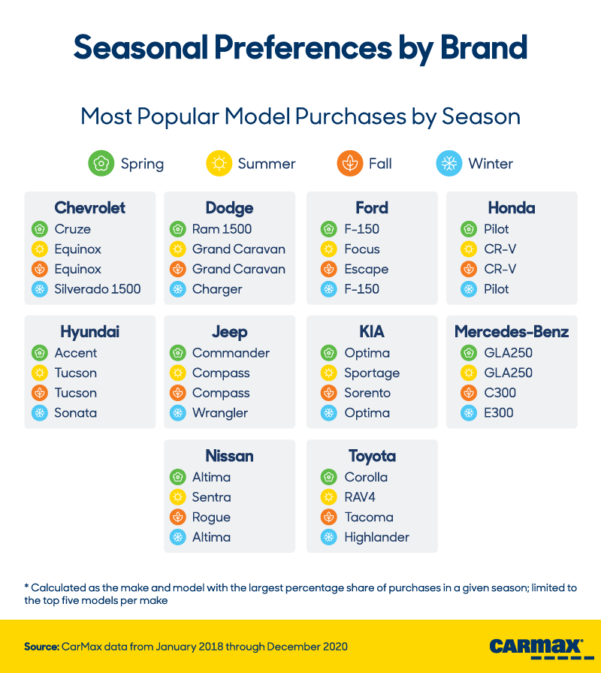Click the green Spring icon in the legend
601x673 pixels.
101,163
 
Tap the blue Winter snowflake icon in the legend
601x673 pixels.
449,163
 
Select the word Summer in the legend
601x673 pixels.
267,164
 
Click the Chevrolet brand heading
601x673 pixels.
90,208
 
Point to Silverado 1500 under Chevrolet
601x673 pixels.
97,289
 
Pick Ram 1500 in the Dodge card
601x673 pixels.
222,229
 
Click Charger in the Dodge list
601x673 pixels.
217,289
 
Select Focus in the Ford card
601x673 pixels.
362,249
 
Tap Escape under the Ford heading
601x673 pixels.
367,269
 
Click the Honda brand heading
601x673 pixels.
512,208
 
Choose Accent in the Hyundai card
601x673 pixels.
76,353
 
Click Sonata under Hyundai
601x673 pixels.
75,413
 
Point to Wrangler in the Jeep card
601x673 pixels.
220,413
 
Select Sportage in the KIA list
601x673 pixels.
372,373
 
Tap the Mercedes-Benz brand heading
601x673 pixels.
512,332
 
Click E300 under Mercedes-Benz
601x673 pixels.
499,413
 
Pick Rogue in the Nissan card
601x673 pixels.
211,518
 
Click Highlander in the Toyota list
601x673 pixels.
376,538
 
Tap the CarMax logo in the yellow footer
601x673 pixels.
536,647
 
